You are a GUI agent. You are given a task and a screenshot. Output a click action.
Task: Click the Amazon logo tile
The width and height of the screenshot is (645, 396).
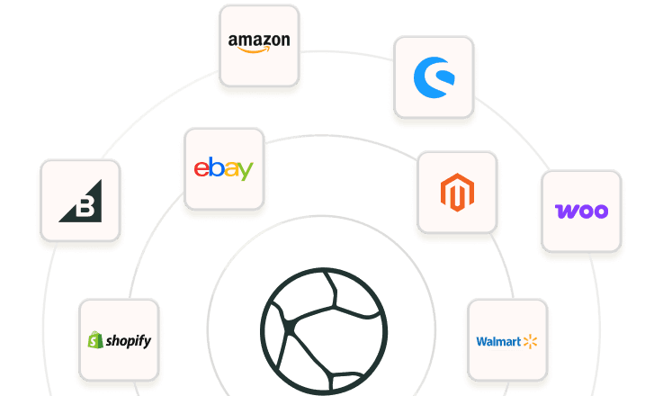[x=259, y=45]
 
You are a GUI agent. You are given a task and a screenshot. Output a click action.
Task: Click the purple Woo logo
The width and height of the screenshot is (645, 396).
[x=581, y=211]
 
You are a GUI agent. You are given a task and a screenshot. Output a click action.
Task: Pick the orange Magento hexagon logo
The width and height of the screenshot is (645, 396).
[x=456, y=193]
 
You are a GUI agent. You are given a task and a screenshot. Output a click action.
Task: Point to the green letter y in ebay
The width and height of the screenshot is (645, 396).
[x=245, y=171]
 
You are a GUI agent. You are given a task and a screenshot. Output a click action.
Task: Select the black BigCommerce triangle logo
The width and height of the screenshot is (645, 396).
[x=80, y=201]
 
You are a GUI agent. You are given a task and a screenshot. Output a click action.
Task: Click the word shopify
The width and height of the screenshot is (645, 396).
[x=128, y=341]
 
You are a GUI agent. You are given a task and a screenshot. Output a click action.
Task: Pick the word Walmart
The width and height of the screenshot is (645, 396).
[x=497, y=341]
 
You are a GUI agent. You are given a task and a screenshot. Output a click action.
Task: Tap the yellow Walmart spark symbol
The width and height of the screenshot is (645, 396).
[x=529, y=340]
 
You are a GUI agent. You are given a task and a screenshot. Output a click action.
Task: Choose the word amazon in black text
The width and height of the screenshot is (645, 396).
[x=259, y=40]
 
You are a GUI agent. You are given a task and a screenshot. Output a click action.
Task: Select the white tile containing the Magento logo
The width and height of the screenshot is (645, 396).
[x=456, y=192]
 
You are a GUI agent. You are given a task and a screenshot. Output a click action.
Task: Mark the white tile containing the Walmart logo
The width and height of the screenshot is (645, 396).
[x=506, y=340]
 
